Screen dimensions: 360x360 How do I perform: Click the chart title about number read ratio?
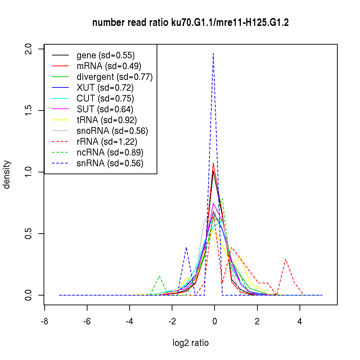[190, 23]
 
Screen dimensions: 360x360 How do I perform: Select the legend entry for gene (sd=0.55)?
[105, 55]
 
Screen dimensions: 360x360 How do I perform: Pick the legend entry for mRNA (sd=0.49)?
[109, 66]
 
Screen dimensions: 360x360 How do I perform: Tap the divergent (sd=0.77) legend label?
[114, 77]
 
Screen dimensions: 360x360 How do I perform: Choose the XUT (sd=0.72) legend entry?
[105, 88]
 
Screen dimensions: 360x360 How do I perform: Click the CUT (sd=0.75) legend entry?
[105, 99]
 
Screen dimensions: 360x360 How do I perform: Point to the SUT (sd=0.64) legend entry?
[105, 109]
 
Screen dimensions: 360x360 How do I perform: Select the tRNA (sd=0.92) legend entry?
[107, 120]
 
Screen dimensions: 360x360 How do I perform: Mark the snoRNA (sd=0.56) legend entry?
[112, 131]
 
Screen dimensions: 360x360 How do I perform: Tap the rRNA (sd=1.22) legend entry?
[107, 142]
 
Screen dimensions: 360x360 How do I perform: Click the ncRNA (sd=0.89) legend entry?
[110, 153]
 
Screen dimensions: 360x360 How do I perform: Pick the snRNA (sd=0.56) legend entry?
[110, 163]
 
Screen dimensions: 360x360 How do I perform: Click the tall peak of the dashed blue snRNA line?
[213, 54]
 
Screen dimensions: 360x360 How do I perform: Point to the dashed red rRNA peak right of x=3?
[285, 259]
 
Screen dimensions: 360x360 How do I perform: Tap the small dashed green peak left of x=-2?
[159, 276]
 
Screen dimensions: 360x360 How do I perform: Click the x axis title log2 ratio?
[190, 343]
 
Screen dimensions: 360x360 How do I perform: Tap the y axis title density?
[7, 174]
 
